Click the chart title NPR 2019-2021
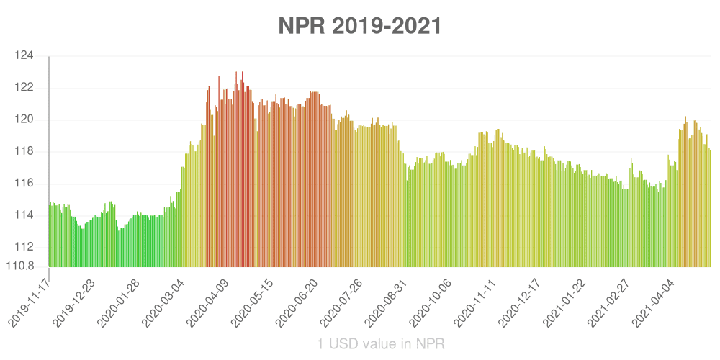pos(360,26)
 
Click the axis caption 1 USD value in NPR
pos(381,344)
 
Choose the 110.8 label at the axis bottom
pos(21,266)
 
